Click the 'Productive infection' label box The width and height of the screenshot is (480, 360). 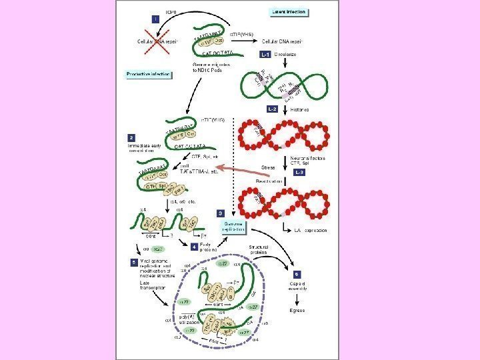point(145,73)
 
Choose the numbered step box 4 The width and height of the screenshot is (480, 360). point(195,247)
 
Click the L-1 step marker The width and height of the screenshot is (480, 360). point(265,54)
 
